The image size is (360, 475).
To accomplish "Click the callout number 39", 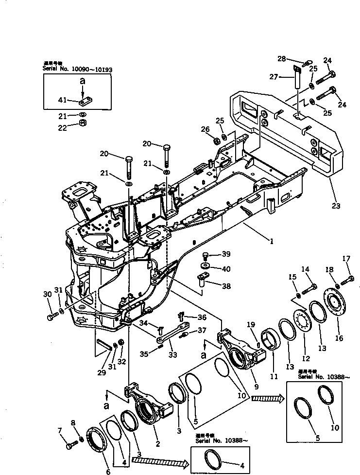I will [x=226, y=254].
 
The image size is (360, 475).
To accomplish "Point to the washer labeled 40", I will [x=205, y=267].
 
